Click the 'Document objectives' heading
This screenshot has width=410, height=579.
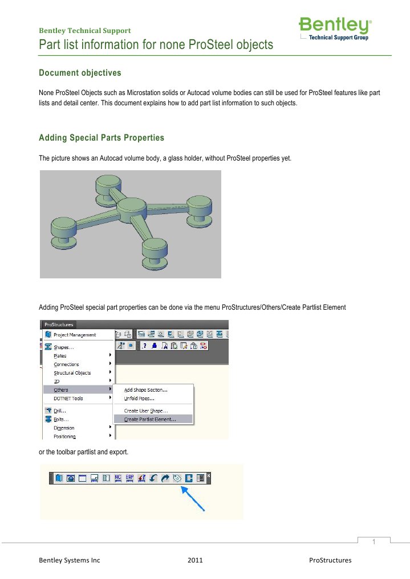point(79,73)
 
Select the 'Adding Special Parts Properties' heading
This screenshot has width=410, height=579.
point(101,138)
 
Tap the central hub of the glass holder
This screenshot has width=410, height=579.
point(132,207)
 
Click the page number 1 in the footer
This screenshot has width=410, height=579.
point(374,541)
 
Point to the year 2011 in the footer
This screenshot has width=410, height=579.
point(195,560)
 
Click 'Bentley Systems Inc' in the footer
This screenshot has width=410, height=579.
point(69,560)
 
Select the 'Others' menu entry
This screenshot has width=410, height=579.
point(61,390)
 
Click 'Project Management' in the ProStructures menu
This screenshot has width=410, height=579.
point(75,335)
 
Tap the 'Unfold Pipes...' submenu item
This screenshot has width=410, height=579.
point(139,399)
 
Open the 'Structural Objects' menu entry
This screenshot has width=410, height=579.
point(72,373)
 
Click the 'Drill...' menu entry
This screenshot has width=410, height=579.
point(60,410)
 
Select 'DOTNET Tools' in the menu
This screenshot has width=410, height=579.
point(68,399)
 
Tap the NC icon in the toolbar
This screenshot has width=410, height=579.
point(117,479)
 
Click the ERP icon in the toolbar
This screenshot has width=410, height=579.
point(129,479)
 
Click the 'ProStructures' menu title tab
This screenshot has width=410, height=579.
point(59,325)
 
